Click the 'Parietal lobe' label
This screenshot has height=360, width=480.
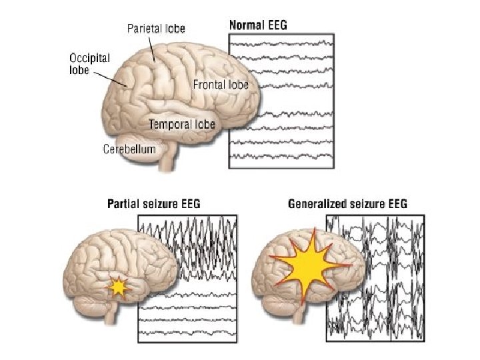coord(156,28)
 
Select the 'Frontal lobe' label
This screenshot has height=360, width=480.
coord(221,85)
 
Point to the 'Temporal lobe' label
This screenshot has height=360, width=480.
coord(182,124)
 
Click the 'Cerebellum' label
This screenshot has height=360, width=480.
coord(129,149)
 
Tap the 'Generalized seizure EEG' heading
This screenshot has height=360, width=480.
coord(347,204)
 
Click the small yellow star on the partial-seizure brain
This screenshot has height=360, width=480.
coord(118,287)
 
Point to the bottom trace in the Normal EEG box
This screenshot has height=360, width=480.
coord(281,157)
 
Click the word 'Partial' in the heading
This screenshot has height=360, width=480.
coord(123,204)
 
